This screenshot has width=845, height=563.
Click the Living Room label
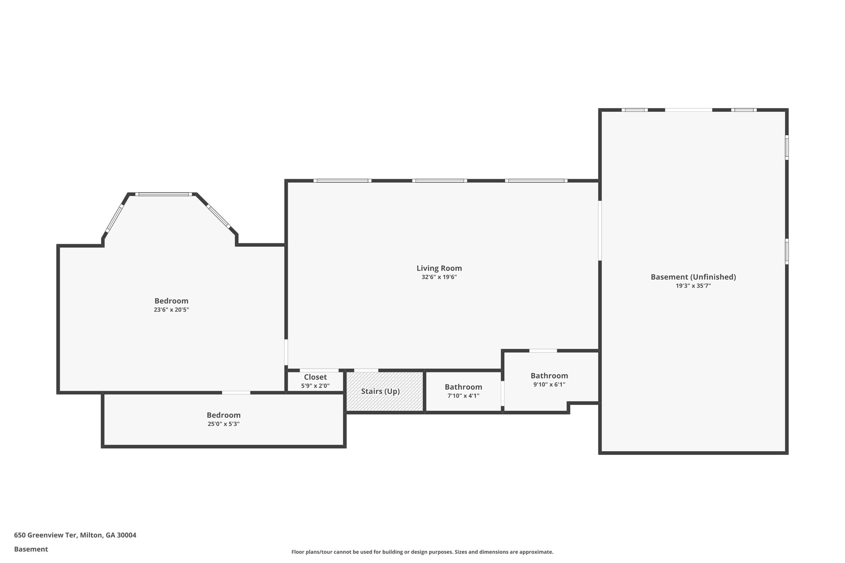(x=439, y=269)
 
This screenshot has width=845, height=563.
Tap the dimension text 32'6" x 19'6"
(x=439, y=278)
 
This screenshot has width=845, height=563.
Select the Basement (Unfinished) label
(x=693, y=277)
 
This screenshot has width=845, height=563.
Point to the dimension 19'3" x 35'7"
(x=693, y=286)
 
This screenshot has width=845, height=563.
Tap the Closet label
(x=315, y=377)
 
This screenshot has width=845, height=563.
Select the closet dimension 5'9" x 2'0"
(x=315, y=386)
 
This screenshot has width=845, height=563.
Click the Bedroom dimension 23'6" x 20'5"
(x=171, y=310)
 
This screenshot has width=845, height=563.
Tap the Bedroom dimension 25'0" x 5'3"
(x=223, y=424)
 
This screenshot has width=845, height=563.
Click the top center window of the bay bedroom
(x=163, y=194)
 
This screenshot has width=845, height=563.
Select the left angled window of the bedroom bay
(x=114, y=219)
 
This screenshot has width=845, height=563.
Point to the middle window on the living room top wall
(x=439, y=181)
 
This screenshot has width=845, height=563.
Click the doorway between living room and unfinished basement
(x=600, y=231)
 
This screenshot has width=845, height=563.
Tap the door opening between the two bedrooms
(x=236, y=393)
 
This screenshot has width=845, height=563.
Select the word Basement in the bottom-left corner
(x=31, y=549)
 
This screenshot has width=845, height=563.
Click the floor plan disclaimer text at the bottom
(x=422, y=552)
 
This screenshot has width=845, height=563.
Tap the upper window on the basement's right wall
(x=786, y=148)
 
